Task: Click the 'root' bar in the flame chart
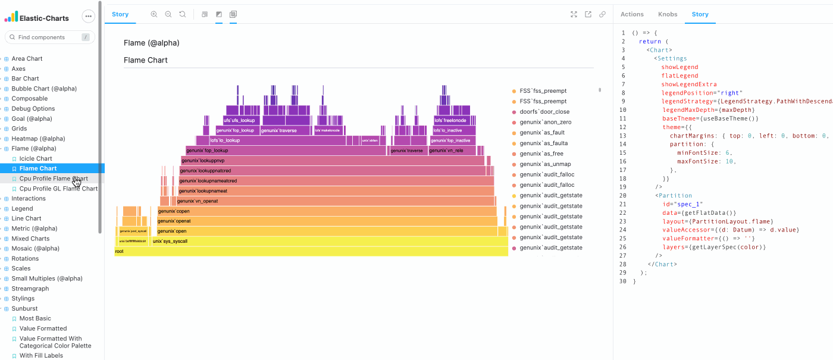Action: tap(311, 252)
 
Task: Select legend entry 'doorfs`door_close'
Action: tap(544, 112)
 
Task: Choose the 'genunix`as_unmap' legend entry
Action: tap(544, 164)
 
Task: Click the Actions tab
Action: tap(632, 14)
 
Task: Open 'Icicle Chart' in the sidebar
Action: tap(36, 159)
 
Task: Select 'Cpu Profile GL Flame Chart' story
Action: tap(58, 189)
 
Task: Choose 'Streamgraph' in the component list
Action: tap(30, 289)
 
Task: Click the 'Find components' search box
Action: tap(48, 37)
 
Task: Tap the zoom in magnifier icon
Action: tap(154, 14)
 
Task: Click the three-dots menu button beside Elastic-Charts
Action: tap(88, 17)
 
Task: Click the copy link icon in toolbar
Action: tap(602, 14)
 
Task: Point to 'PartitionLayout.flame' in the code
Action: tap(724, 221)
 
